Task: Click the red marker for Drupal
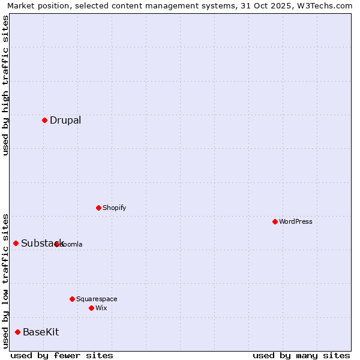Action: [44, 120]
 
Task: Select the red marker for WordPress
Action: [275, 221]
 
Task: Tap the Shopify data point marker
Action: [98, 208]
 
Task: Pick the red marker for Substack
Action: [16, 243]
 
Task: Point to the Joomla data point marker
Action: [56, 244]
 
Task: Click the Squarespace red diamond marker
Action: [72, 299]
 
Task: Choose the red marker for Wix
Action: [91, 308]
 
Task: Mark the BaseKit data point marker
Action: [17, 332]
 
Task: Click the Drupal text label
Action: [65, 120]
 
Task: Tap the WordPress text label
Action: [296, 221]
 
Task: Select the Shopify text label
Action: [114, 208]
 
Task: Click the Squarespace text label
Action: [97, 299]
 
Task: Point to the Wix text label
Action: [101, 308]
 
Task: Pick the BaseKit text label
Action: [41, 332]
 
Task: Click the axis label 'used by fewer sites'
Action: [62, 356]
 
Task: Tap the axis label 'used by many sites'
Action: [301, 356]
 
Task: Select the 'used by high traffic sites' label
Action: [5, 85]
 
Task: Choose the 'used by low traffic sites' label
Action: [5, 281]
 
